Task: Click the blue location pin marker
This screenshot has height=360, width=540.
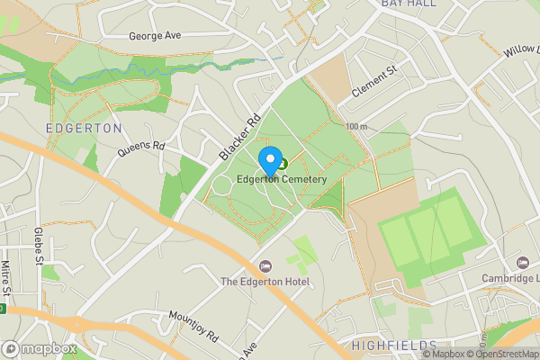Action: coord(269,161)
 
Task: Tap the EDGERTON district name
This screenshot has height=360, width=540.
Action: coord(84,129)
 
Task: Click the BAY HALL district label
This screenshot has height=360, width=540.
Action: coord(409,4)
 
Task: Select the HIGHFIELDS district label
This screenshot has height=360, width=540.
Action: coord(395,346)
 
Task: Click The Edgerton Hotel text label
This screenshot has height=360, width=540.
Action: coord(265,283)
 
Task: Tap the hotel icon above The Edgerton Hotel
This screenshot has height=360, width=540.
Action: coord(265,266)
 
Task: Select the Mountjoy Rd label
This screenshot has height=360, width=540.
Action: coord(193,328)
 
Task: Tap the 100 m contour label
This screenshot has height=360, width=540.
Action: coord(357,127)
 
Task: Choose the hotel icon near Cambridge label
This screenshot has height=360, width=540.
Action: coord(522,262)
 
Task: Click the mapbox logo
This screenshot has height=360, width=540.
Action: coord(39,348)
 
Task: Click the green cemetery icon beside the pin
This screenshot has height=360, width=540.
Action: coord(283,164)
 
